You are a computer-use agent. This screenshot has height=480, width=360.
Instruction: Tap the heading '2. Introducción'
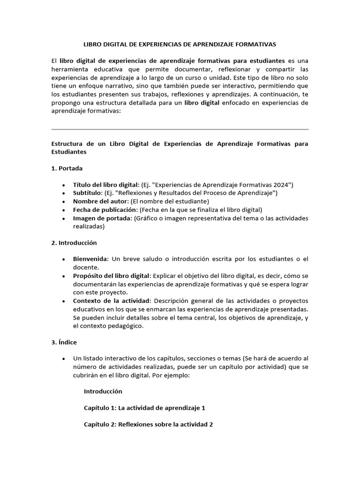pyautogui.click(x=74, y=242)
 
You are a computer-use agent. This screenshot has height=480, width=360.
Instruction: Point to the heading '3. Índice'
pyautogui.click(x=64, y=342)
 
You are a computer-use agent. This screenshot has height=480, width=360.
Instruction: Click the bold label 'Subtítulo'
pyautogui.click(x=87, y=193)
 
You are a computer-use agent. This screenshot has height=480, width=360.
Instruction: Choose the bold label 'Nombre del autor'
pyautogui.click(x=100, y=201)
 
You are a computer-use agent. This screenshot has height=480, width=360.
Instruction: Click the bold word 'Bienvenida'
pyautogui.click(x=90, y=259)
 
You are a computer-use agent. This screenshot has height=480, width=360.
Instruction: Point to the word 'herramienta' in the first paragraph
pyautogui.click(x=69, y=69)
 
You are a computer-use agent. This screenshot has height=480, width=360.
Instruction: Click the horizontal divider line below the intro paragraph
pyautogui.click(x=180, y=129)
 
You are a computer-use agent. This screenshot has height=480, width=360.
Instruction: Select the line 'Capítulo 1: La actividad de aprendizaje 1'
pyautogui.click(x=144, y=408)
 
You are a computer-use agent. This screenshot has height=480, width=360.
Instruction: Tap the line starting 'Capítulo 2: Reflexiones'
pyautogui.click(x=148, y=425)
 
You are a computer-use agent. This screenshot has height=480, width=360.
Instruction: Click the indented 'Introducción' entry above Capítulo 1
pyautogui.click(x=103, y=391)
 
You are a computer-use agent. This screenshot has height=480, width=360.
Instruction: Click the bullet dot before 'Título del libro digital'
pyautogui.click(x=63, y=185)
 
